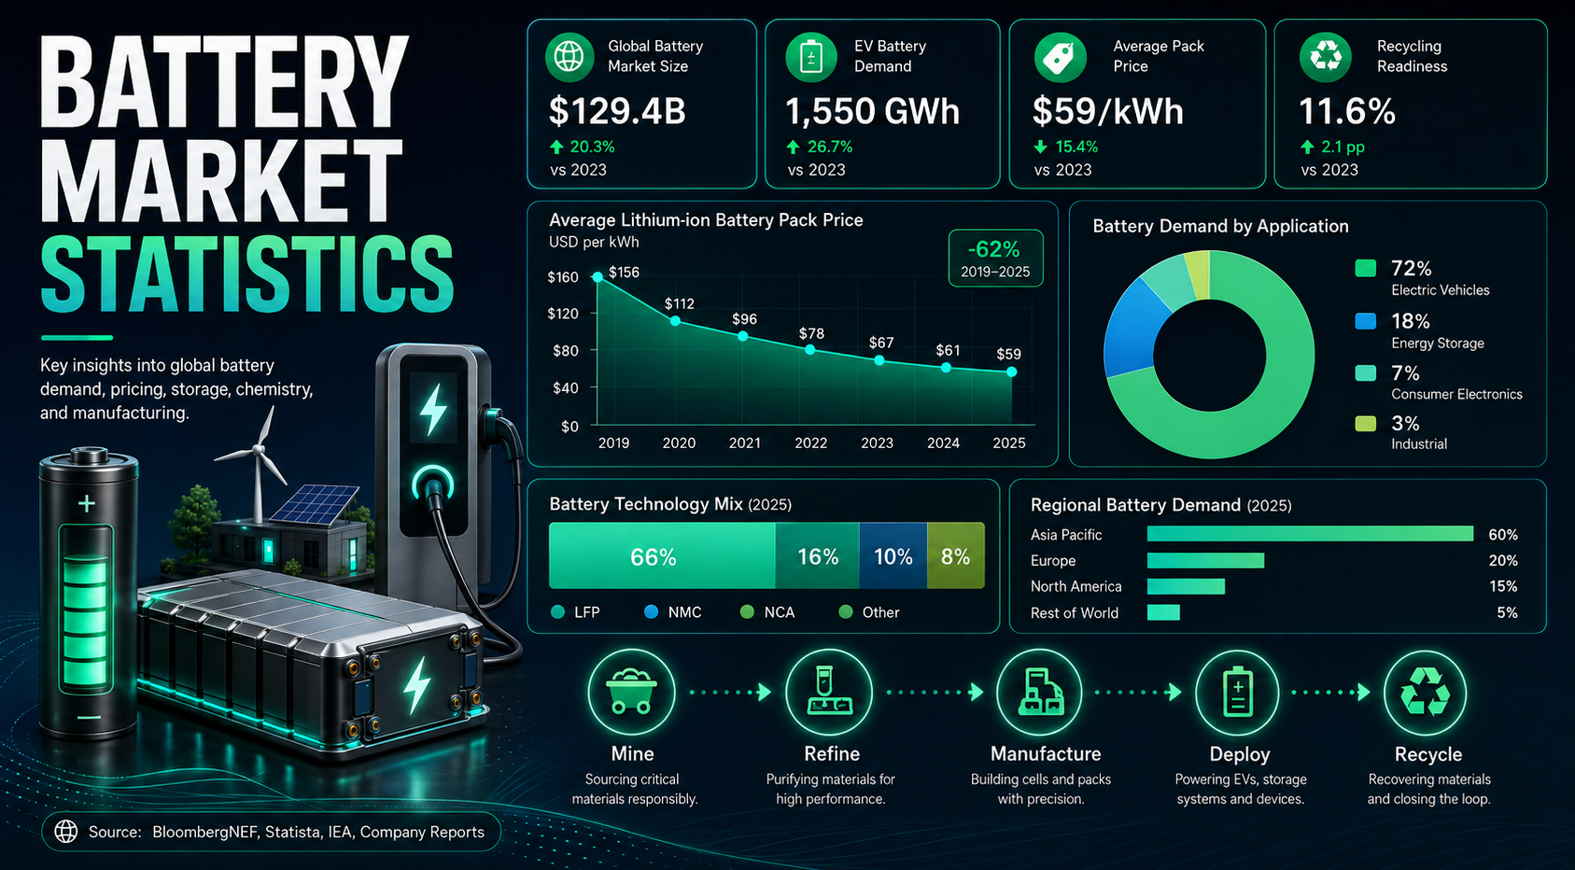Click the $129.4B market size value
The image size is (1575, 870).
pyautogui.click(x=616, y=111)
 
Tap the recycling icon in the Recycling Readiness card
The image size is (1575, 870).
pyautogui.click(x=1326, y=57)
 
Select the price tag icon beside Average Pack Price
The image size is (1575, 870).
pyautogui.click(x=1060, y=57)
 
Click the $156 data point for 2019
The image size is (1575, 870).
pyautogui.click(x=598, y=277)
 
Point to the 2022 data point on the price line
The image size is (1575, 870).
pyautogui.click(x=810, y=349)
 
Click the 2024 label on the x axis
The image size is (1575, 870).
pyautogui.click(x=943, y=442)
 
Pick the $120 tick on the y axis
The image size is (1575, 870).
pyautogui.click(x=563, y=314)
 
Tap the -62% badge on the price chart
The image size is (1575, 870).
pyautogui.click(x=995, y=258)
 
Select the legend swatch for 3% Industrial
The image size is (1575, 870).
pyautogui.click(x=1366, y=424)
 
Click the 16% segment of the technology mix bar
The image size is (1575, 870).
pyautogui.click(x=817, y=555)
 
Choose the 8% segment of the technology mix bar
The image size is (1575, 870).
pyautogui.click(x=955, y=555)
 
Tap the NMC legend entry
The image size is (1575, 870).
pyautogui.click(x=673, y=612)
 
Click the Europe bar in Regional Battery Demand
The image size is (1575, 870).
pyautogui.click(x=1205, y=560)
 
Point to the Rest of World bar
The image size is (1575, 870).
pyautogui.click(x=1163, y=612)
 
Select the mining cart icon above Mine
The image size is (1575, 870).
pyautogui.click(x=631, y=692)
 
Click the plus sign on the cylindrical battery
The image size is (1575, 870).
pyautogui.click(x=87, y=503)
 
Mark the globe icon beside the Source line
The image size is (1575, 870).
pyautogui.click(x=66, y=832)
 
